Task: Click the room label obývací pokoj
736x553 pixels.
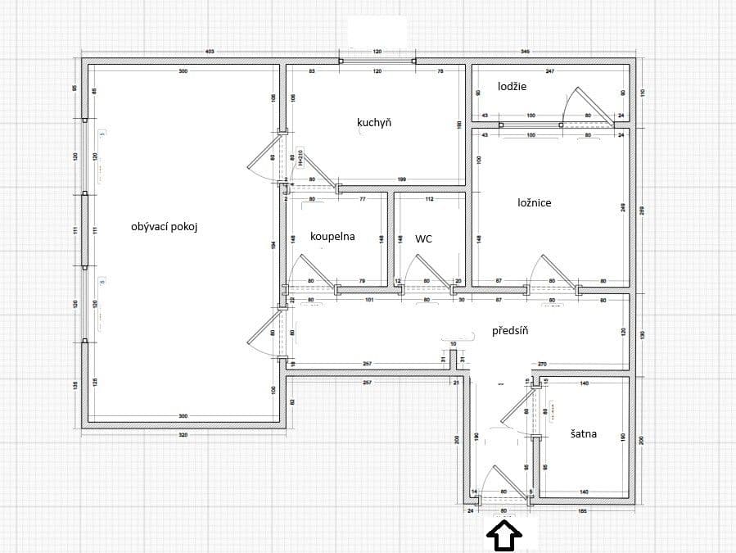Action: (165, 227)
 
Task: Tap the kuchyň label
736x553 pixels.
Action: (374, 123)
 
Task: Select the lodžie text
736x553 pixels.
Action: (512, 86)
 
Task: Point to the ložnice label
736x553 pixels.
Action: (534, 202)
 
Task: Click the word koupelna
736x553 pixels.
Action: (332, 237)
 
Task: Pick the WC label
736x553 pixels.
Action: (423, 239)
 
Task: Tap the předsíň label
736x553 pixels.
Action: (510, 331)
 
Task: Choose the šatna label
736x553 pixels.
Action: (583, 434)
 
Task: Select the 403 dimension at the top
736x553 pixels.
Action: (209, 52)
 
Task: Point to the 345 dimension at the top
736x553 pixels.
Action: (525, 52)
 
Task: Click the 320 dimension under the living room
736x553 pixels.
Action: (183, 435)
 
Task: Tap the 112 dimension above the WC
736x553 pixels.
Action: (429, 199)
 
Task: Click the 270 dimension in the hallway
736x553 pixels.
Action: (541, 363)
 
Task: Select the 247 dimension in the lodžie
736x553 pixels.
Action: (550, 71)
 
